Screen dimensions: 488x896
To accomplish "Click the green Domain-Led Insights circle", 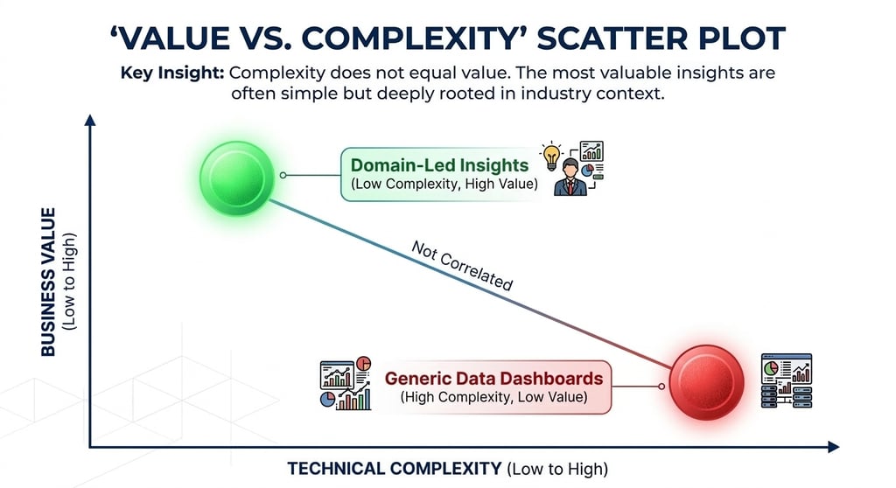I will pyautogui.click(x=236, y=180).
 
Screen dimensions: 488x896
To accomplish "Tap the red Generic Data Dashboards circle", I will pyautogui.click(x=706, y=382).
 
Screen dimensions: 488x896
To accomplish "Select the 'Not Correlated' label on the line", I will pyautogui.click(x=461, y=265).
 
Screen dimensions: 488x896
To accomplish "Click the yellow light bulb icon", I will pyautogui.click(x=550, y=154).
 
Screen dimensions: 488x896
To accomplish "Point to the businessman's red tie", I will pyautogui.click(x=570, y=184).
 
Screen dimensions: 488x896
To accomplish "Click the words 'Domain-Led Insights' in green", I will pyautogui.click(x=439, y=164).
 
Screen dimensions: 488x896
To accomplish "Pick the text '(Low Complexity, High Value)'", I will pyautogui.click(x=439, y=185).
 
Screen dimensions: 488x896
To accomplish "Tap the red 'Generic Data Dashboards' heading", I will pyautogui.click(x=494, y=379).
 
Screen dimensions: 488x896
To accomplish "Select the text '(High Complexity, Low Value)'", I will pyautogui.click(x=493, y=397).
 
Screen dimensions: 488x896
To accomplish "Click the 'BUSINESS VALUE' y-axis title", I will pyautogui.click(x=49, y=282).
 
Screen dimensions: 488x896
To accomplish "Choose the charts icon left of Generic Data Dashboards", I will pyautogui.click(x=345, y=383).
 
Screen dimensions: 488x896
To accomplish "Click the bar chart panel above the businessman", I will pyautogui.click(x=591, y=151).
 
